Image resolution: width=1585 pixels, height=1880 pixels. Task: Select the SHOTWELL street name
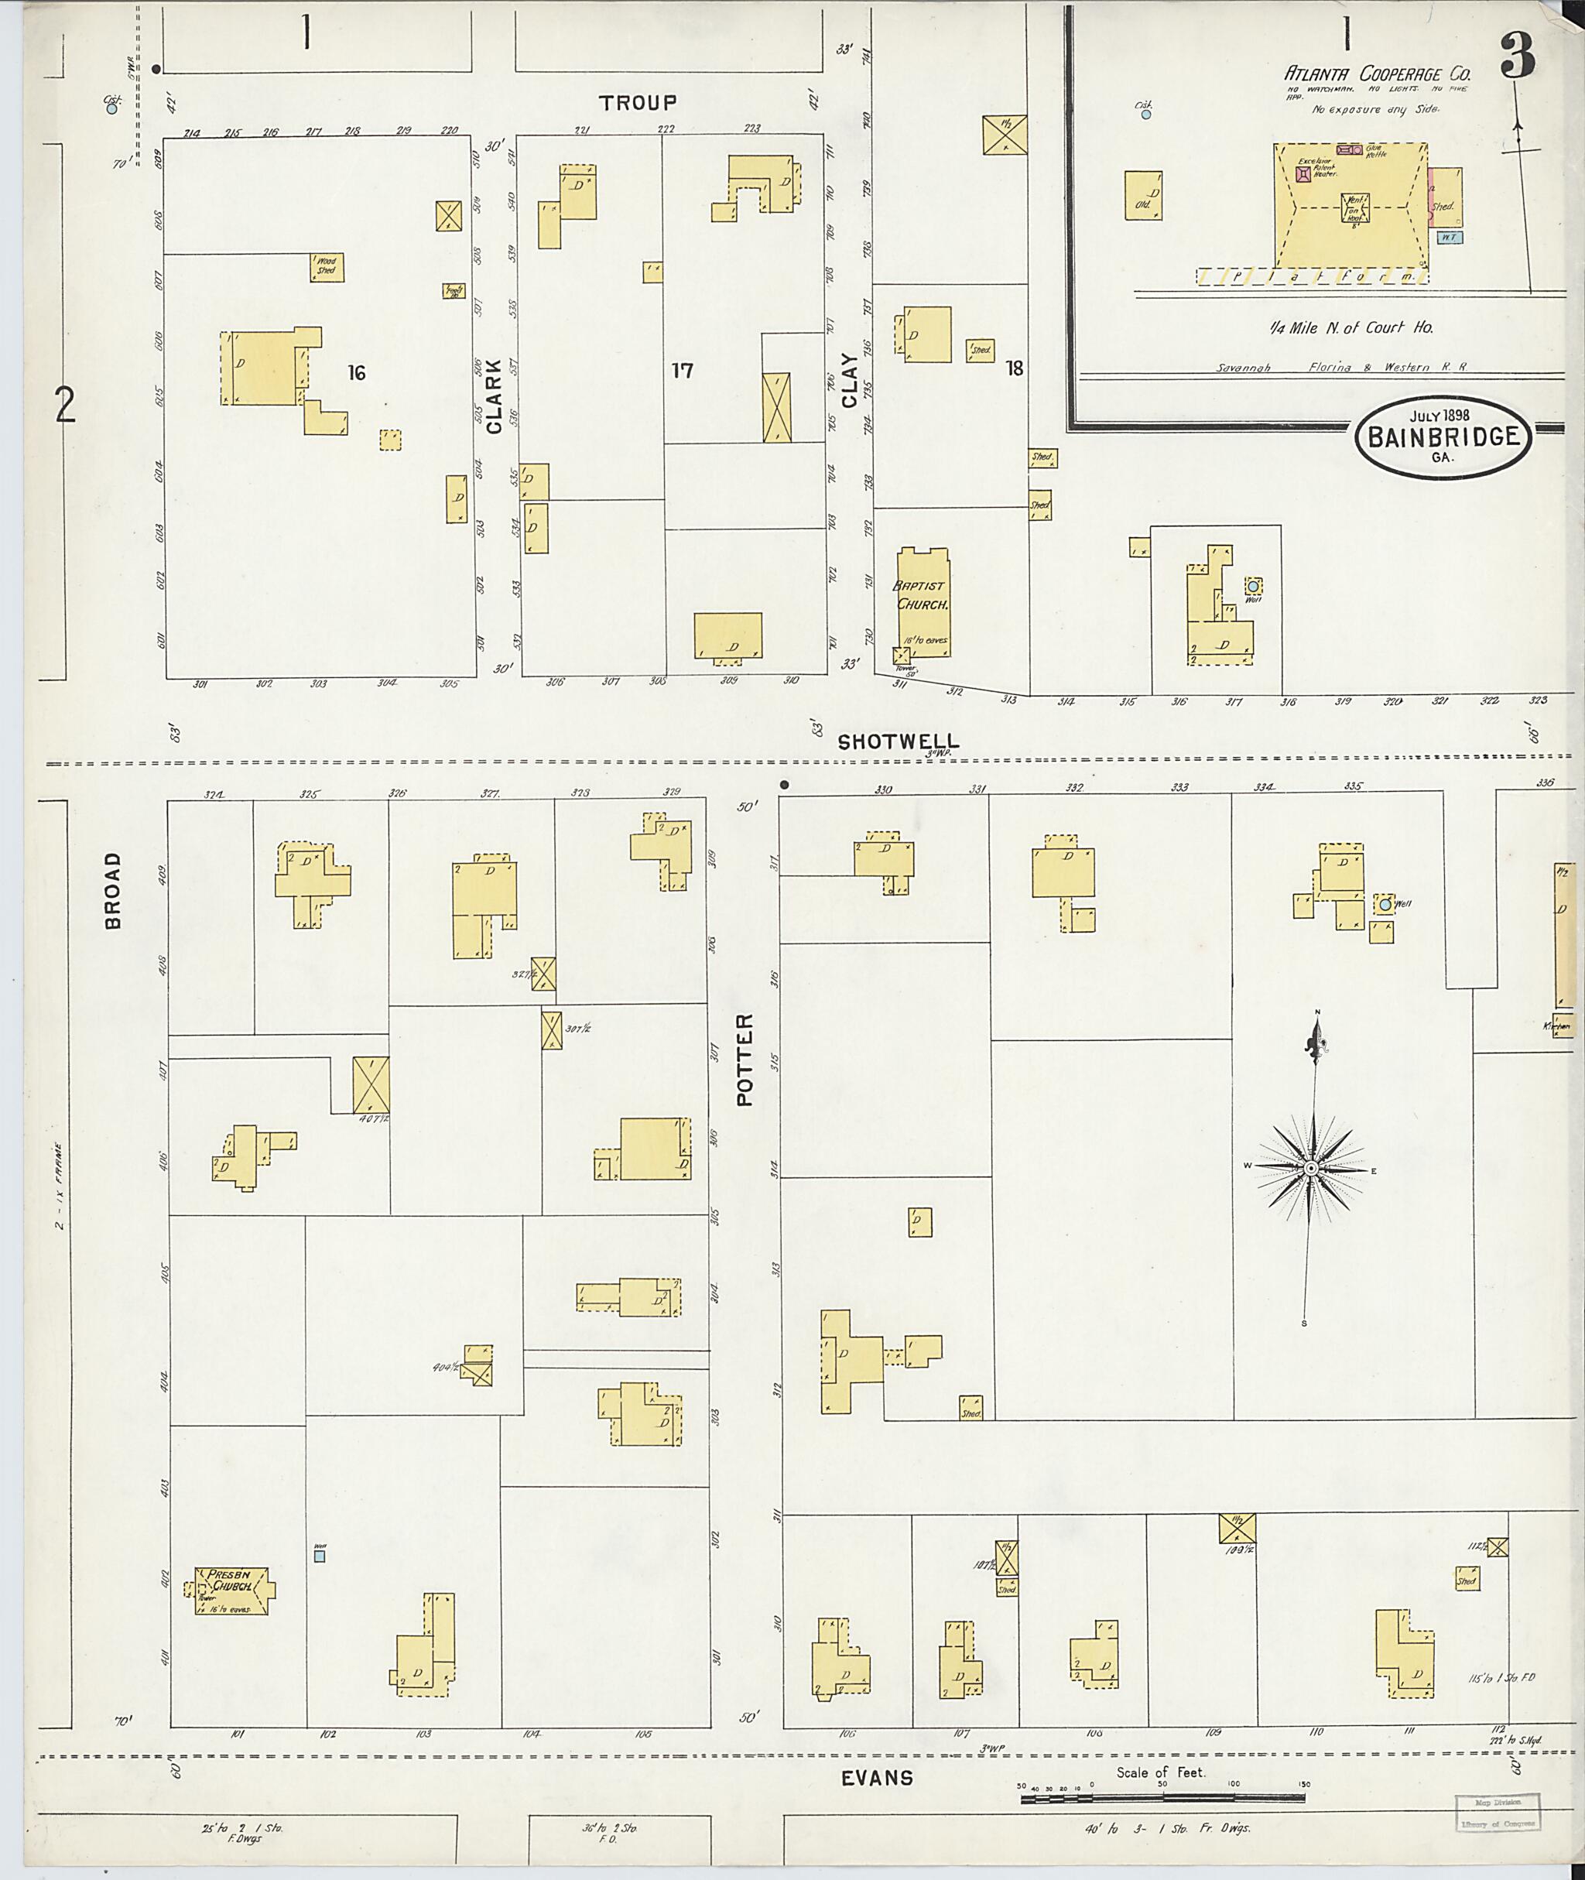pyautogui.click(x=898, y=741)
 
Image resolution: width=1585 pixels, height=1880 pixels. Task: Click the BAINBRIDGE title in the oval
pyautogui.click(x=1444, y=437)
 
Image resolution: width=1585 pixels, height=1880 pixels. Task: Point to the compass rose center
pyautogui.click(x=1310, y=1168)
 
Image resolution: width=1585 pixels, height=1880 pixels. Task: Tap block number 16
pyautogui.click(x=357, y=373)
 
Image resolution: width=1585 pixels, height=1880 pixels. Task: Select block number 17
pyautogui.click(x=682, y=370)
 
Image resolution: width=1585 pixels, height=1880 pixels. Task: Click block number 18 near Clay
pyautogui.click(x=1015, y=368)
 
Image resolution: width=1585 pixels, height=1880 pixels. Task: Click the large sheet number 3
pyautogui.click(x=1518, y=60)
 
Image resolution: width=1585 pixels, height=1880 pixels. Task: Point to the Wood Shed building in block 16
pyautogui.click(x=327, y=267)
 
